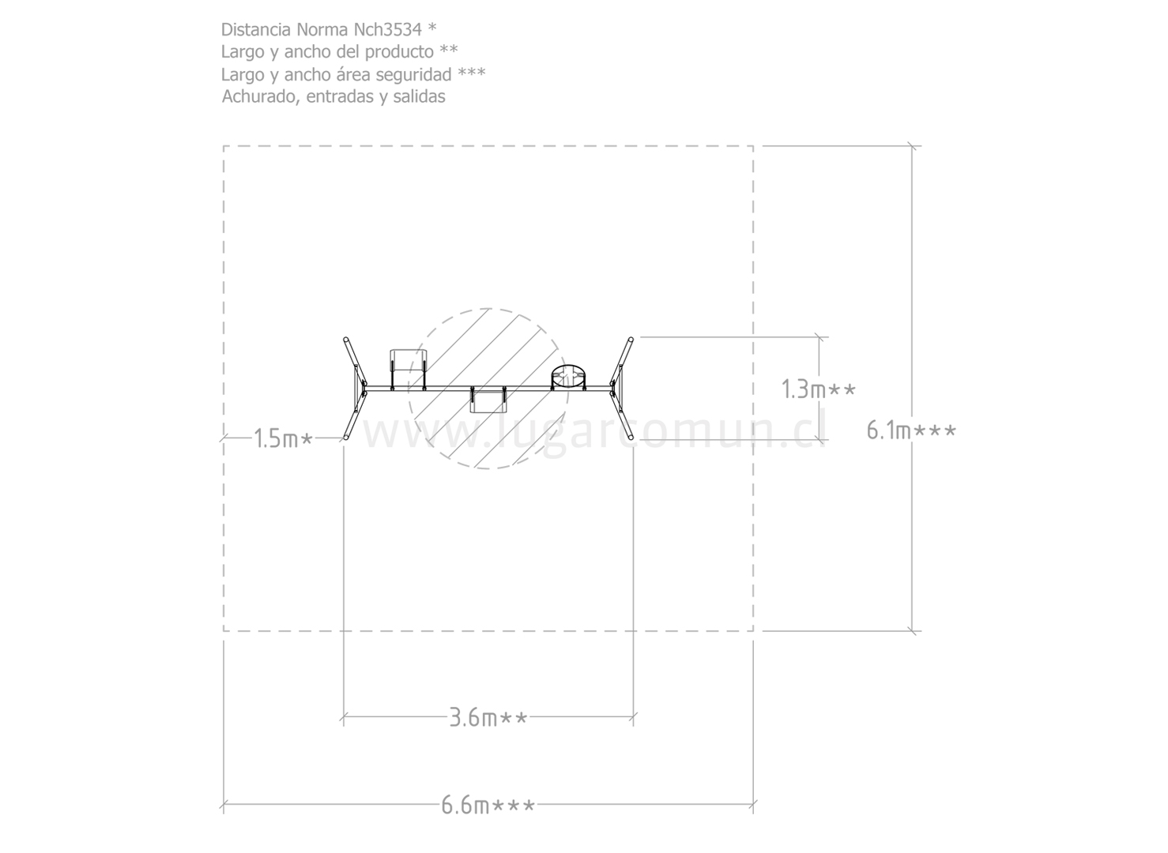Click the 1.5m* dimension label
coord(283,438)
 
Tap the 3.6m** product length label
coord(488,717)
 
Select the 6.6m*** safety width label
coord(488,805)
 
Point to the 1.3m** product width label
coord(818,389)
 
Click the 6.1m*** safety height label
coord(911,431)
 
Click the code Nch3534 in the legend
coord(387,30)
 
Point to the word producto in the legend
coord(399,52)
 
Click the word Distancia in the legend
coord(256,30)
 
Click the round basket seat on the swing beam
coord(568,377)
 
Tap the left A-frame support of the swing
coord(356,389)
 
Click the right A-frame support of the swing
coord(621,389)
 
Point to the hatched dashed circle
coord(488,309)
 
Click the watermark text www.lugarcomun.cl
coord(594,430)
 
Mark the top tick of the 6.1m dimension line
coord(912,146)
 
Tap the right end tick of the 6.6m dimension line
coord(753,804)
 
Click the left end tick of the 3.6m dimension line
coord(343,717)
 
